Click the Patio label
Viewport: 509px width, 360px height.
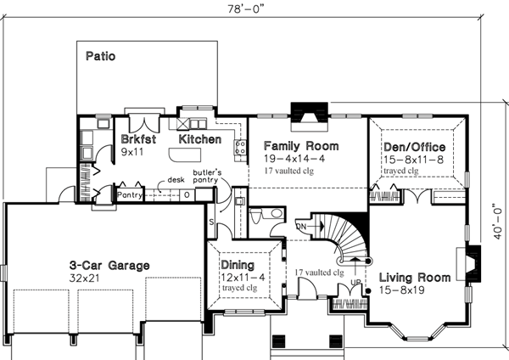click(x=100, y=57)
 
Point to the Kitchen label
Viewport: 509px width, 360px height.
click(x=199, y=138)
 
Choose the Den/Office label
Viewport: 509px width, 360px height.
click(x=416, y=146)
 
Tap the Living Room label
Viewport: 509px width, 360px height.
click(x=413, y=278)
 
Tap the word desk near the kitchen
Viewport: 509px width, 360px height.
click(x=176, y=179)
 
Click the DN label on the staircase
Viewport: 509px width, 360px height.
click(x=301, y=227)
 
